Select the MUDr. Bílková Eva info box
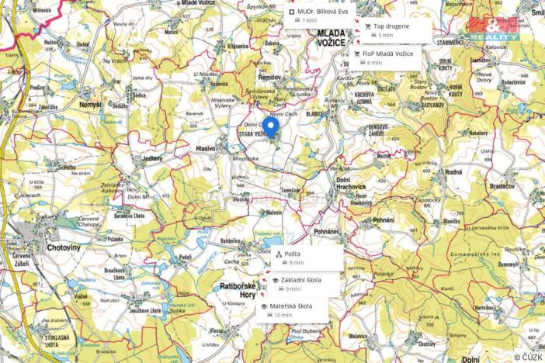(x=318, y=16)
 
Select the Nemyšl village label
(x=91, y=104)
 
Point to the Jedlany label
(x=152, y=158)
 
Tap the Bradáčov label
(x=502, y=187)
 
